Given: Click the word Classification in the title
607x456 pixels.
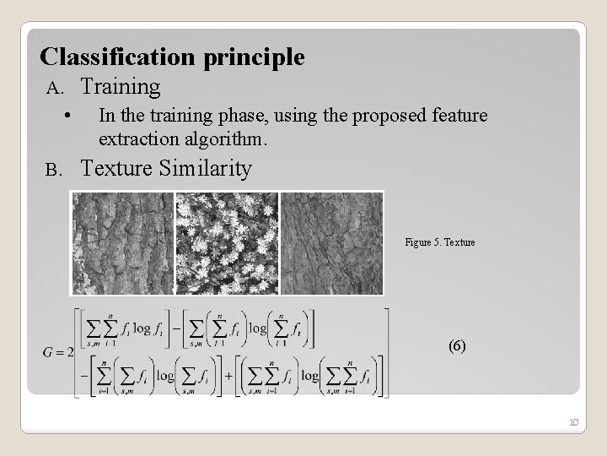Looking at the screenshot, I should [119, 57].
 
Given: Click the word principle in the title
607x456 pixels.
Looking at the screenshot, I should [254, 58].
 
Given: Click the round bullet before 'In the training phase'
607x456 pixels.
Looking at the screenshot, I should [67, 116].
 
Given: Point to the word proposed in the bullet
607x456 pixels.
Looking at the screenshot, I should [395, 115].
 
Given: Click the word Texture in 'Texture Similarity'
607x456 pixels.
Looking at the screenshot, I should [116, 168].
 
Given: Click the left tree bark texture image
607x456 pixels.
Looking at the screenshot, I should [122, 242].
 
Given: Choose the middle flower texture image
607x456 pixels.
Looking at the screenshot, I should [227, 242].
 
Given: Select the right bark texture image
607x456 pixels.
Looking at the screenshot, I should [331, 242].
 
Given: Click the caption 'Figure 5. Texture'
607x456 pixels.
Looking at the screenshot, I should [439, 242].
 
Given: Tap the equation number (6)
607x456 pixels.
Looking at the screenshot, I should [456, 346].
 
